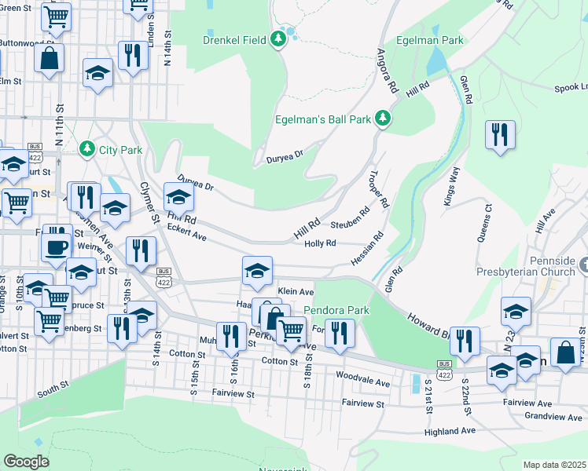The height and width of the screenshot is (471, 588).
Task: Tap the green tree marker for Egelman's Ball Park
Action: click(383, 119)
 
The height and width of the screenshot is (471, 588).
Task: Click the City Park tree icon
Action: click(86, 148)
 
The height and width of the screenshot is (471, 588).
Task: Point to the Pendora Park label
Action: click(336, 311)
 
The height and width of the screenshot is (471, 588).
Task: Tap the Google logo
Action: click(26, 461)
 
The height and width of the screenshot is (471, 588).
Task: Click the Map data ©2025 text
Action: click(554, 465)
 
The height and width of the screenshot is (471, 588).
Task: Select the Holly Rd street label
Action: click(320, 243)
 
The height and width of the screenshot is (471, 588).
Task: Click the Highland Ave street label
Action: click(449, 432)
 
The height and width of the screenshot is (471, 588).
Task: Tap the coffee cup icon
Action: click(56, 246)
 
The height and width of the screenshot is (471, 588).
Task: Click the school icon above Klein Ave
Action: click(257, 271)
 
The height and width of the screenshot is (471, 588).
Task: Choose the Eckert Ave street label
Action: click(187, 232)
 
